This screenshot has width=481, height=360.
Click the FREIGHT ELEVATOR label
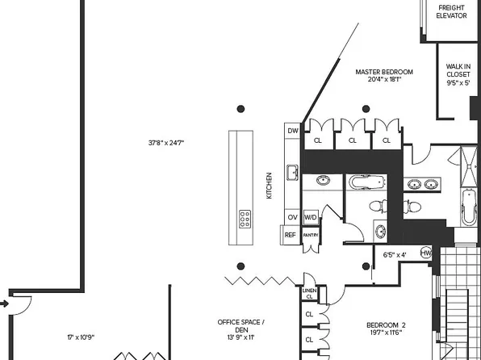click(x=452, y=12)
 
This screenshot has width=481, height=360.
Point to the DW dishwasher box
click(x=292, y=131)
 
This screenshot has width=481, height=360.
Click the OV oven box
click(x=292, y=218)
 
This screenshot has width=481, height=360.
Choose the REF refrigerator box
click(x=291, y=235)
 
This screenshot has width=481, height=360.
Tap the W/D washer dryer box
click(x=310, y=218)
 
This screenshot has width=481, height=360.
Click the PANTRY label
click(x=311, y=235)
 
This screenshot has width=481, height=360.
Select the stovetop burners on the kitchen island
click(x=244, y=218)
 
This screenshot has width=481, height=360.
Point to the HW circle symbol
click(x=426, y=253)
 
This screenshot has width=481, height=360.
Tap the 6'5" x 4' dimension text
click(x=395, y=254)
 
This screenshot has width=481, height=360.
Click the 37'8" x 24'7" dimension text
click(x=166, y=143)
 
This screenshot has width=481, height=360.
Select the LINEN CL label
click(x=309, y=293)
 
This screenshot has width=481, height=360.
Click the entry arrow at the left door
click(x=4, y=303)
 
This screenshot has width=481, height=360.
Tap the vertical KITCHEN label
click(x=270, y=186)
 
